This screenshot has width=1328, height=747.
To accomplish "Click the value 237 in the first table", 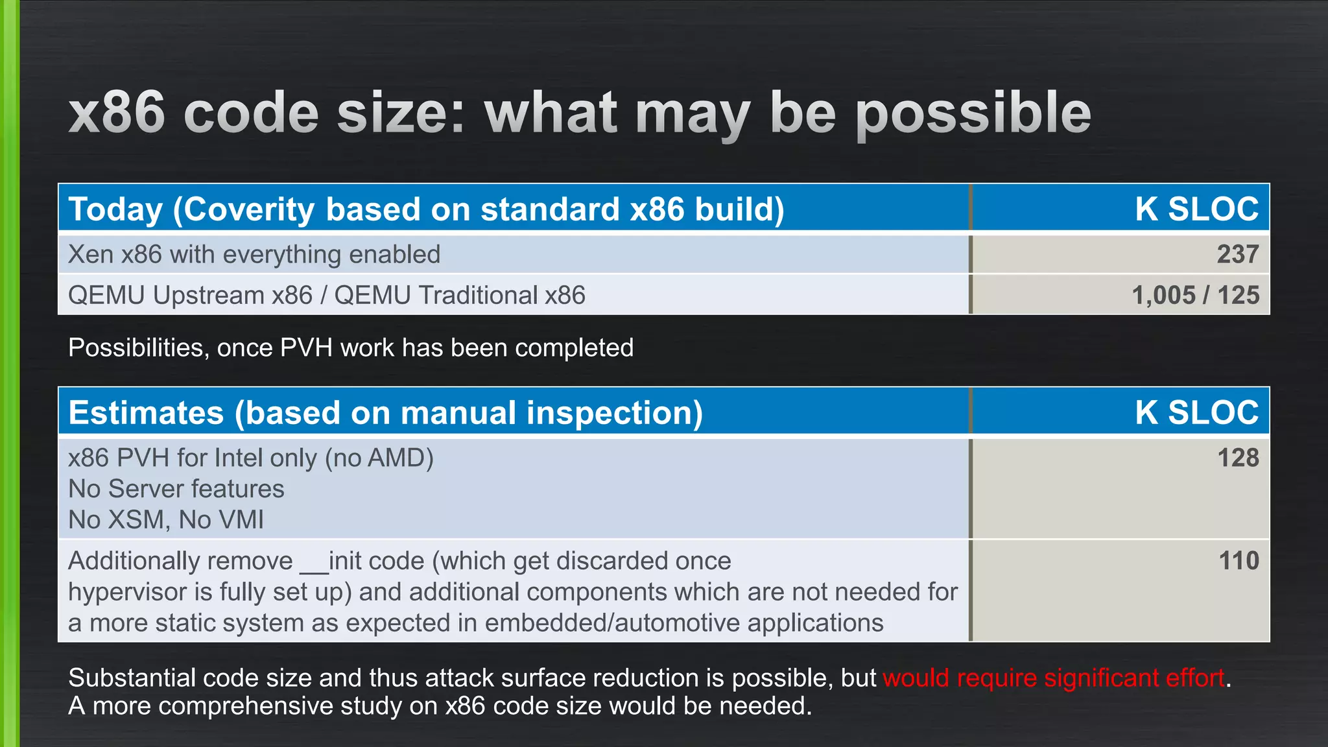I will [1237, 254].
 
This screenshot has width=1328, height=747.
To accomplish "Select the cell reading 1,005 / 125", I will [1195, 296].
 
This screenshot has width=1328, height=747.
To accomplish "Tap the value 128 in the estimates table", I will [1237, 458].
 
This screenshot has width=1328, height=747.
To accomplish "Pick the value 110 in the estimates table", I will [1238, 561].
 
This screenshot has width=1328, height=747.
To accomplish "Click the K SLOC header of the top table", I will [1196, 209].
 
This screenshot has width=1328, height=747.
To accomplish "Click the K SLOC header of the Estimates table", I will [1196, 413].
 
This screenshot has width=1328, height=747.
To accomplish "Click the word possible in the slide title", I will [973, 113].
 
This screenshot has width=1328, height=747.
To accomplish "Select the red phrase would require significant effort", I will [1053, 678].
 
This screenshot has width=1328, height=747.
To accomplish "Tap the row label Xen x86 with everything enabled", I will [254, 255].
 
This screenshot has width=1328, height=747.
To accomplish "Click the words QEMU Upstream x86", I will [190, 296].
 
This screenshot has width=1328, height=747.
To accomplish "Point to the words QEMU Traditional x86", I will [459, 296].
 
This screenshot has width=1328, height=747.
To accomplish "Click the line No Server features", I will [176, 489].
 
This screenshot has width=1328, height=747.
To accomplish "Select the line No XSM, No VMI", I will [166, 520].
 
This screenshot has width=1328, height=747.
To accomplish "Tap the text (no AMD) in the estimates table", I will [379, 458].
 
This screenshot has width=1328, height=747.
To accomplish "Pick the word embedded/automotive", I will [612, 623].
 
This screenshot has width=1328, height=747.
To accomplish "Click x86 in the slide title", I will [117, 113].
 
